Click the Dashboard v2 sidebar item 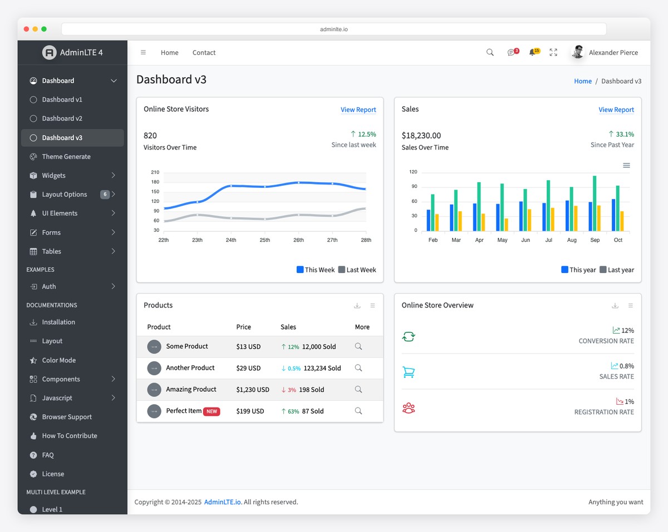coord(62,118)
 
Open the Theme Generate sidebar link coord(66,157)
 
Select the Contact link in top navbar coord(204,53)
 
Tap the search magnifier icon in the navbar coord(490,52)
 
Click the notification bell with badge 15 coord(533,52)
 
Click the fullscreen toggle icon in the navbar coord(553,52)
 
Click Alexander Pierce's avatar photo coord(578,52)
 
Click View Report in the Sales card coord(616,110)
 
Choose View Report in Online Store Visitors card coord(358,110)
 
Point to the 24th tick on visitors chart coord(231,240)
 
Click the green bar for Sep coord(595,203)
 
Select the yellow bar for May coord(506,225)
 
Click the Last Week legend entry coord(357,270)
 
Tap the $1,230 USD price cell coord(252,390)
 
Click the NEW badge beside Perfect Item coord(212,411)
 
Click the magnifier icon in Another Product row coord(358,368)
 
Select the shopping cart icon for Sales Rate coord(409,372)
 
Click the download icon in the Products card coord(357,306)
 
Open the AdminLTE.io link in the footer coord(223,502)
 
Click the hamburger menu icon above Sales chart coord(626,166)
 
